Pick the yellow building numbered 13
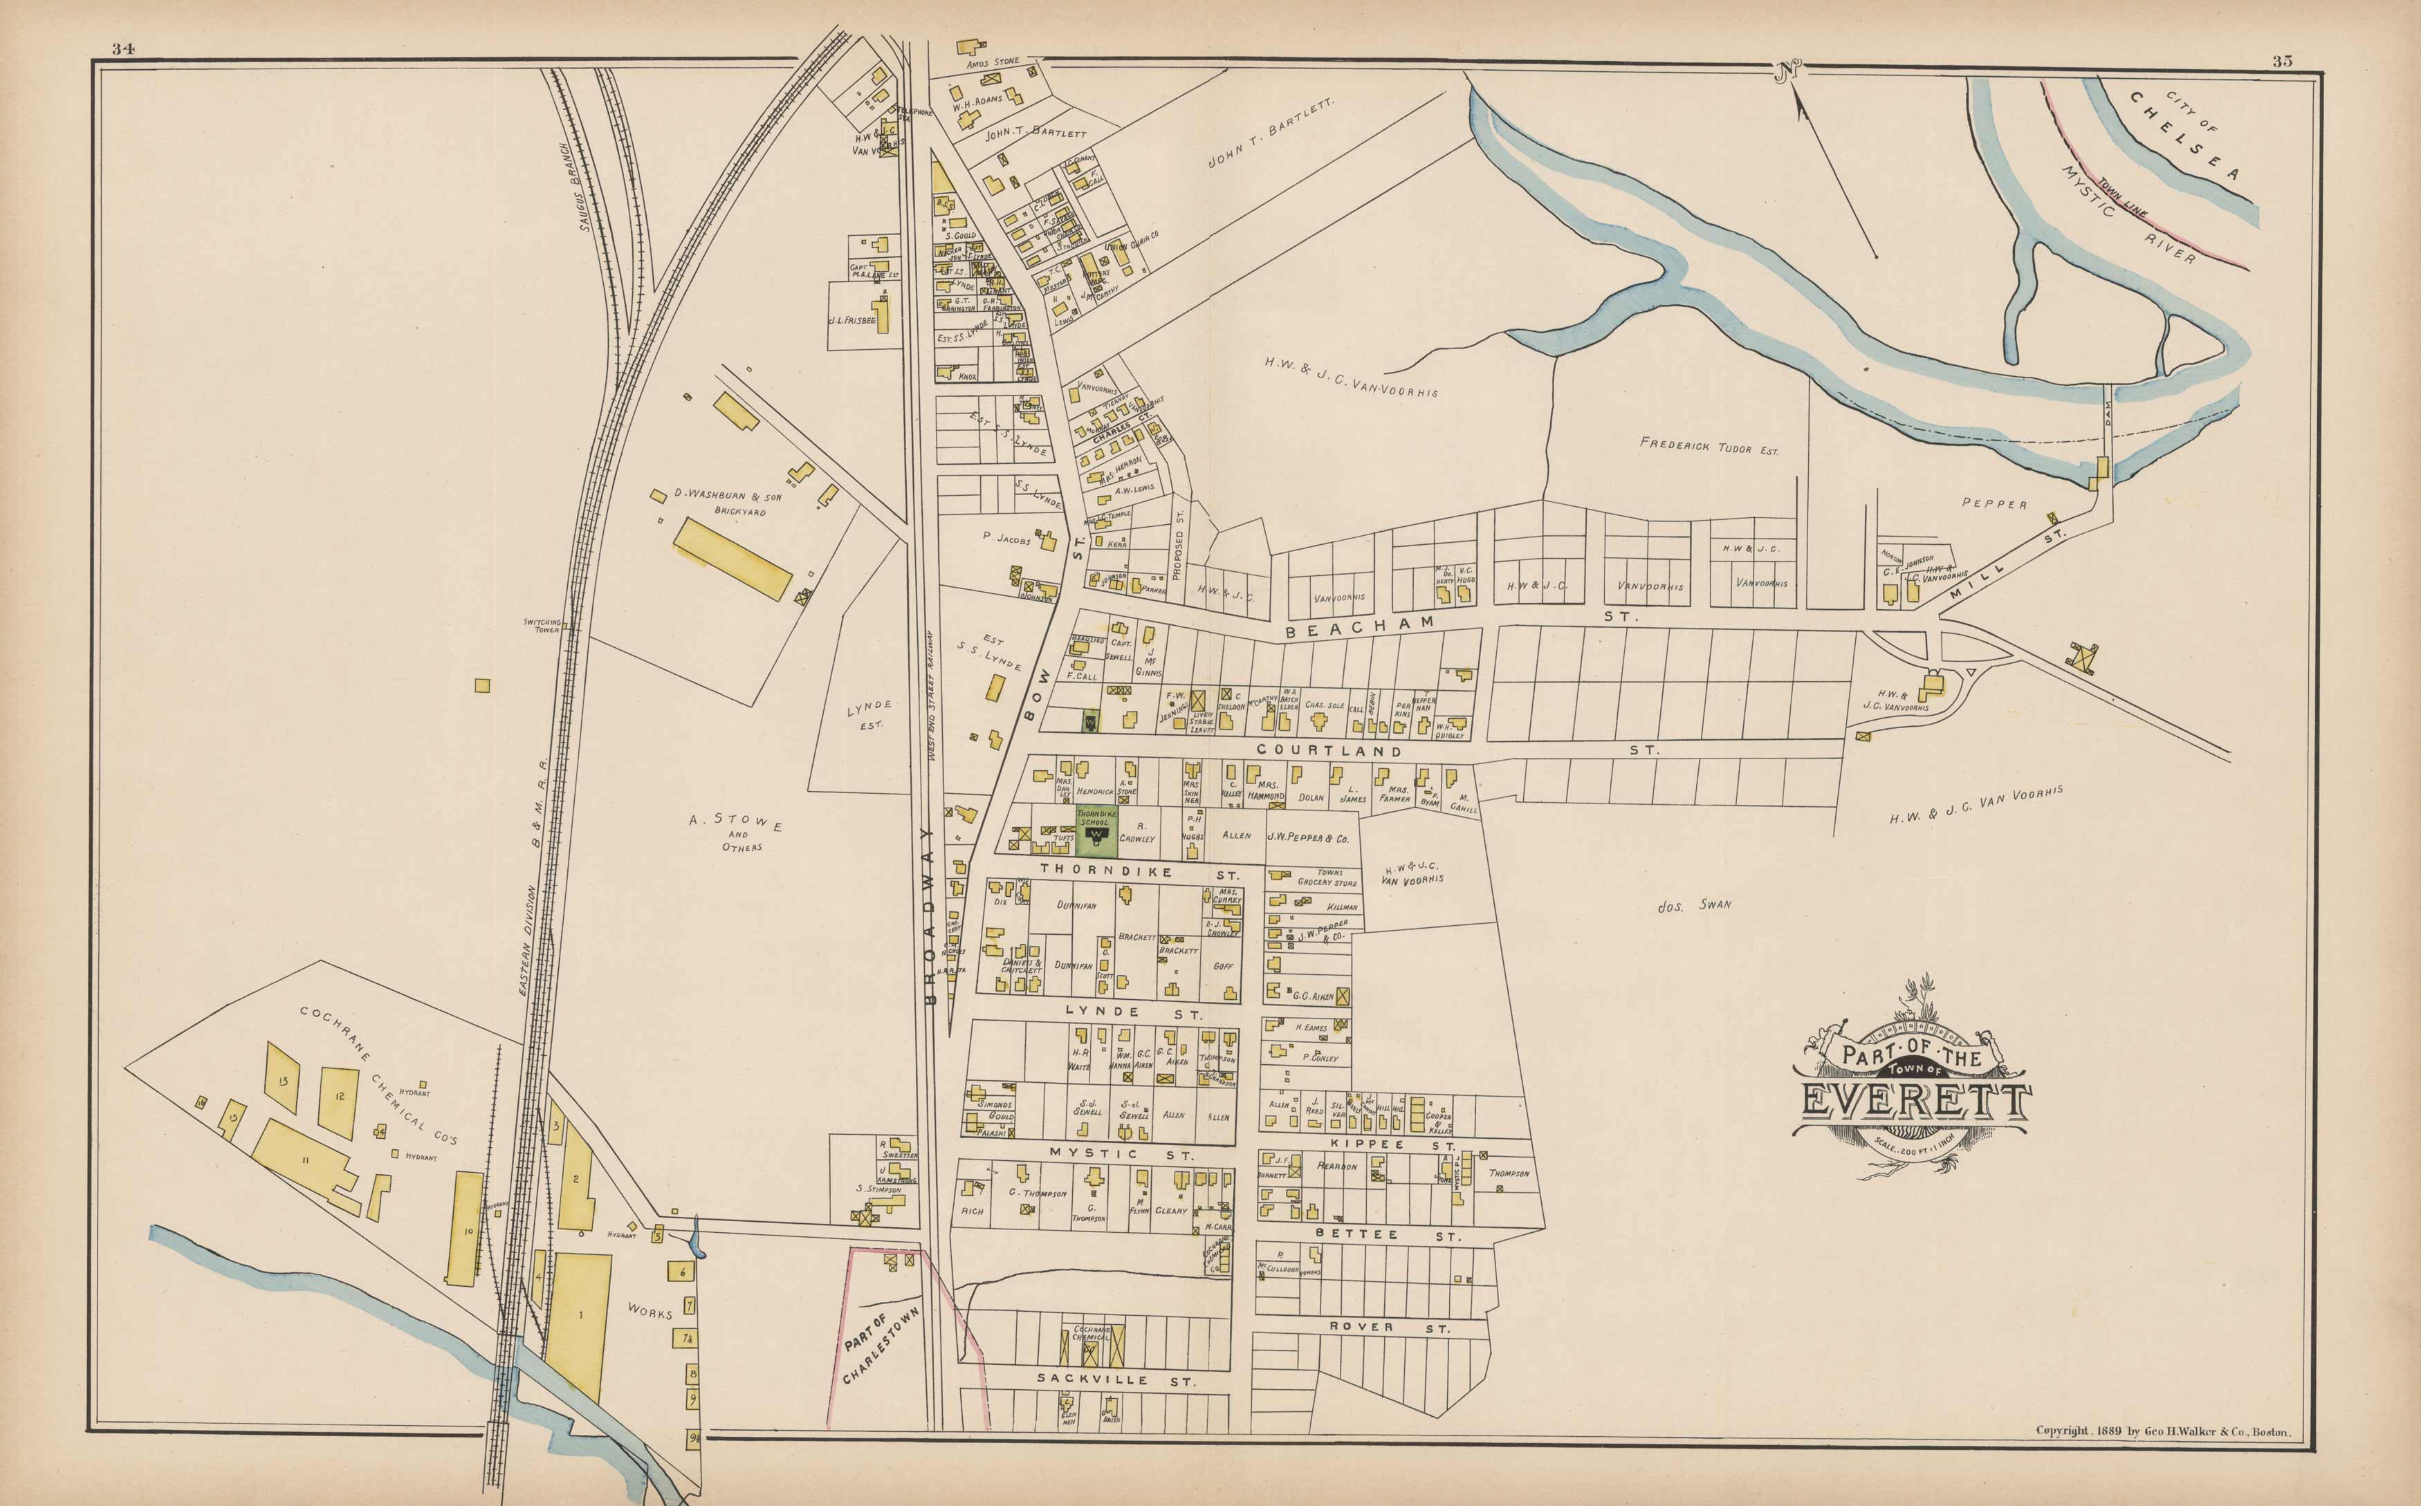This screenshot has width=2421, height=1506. point(283,1079)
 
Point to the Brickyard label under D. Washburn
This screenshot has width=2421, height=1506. point(739,511)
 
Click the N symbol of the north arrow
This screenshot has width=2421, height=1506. point(1787,70)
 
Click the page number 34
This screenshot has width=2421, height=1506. point(124,49)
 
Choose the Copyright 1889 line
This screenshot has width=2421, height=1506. point(2162,1431)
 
